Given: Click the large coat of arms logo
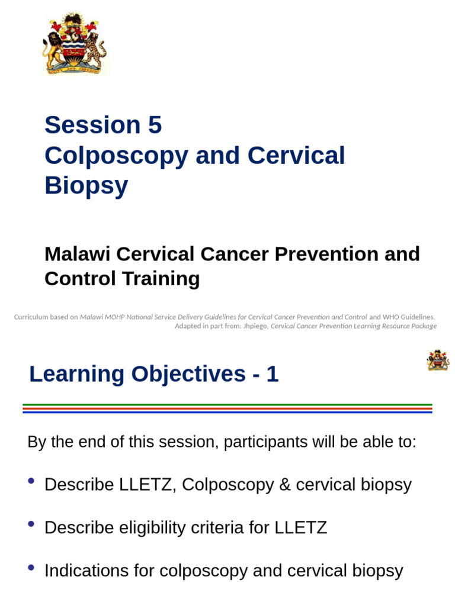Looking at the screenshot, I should coord(75,44).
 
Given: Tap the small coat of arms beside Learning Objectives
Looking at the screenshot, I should coord(438,360).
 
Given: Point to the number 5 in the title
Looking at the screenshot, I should coord(155,125).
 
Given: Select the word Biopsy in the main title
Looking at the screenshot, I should coord(86,186).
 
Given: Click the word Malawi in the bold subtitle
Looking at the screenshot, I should coord(77,254).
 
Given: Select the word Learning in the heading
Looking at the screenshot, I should coord(76,374).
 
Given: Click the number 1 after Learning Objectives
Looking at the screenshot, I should coord(272,374).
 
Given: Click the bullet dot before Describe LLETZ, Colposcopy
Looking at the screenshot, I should coord(31,481).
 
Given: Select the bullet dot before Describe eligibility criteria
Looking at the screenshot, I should coord(31,524).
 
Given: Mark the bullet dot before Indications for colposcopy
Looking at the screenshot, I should coord(31,567).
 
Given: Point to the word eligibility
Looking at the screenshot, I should coord(142,528).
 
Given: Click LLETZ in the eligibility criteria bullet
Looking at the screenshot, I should coord(300,528).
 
